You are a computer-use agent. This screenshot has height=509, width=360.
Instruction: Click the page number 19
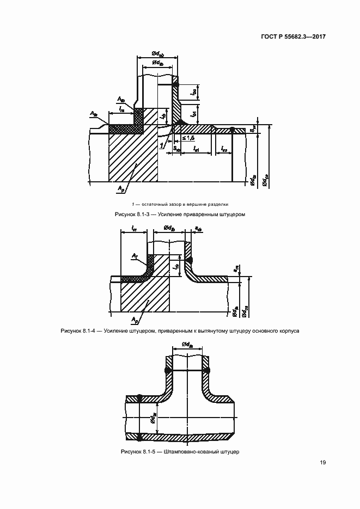[322, 463]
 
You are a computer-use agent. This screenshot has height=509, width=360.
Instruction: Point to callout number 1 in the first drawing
[162, 145]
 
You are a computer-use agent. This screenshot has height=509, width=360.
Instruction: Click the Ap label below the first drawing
[121, 188]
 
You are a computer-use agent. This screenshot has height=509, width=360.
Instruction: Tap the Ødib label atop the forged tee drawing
[187, 344]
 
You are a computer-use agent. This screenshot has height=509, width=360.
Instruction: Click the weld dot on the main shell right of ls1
[233, 130]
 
